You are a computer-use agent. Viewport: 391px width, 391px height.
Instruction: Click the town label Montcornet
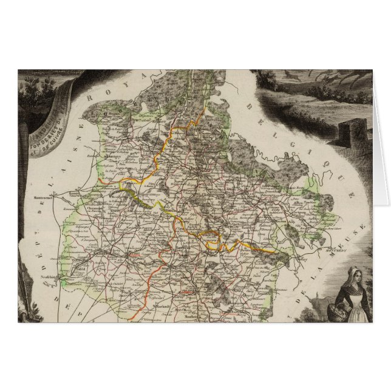point(45,199)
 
